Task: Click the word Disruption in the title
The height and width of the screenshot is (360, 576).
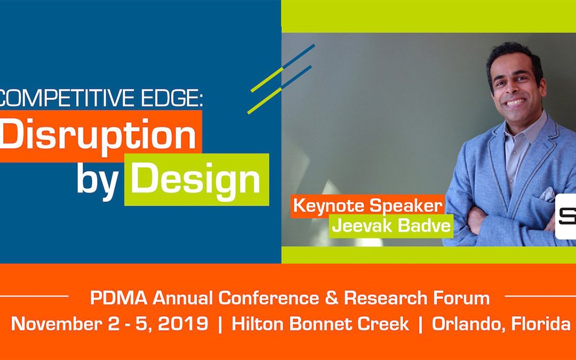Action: click(x=98, y=135)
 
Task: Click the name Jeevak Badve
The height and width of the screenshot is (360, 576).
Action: click(x=391, y=226)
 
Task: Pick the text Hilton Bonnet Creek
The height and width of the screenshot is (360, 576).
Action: click(x=320, y=324)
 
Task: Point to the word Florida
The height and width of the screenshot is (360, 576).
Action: click(x=541, y=324)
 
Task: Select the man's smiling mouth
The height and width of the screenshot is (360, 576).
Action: click(x=515, y=102)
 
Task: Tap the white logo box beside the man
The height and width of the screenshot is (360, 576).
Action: click(x=565, y=216)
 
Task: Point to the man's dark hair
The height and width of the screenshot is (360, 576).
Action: click(x=512, y=56)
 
